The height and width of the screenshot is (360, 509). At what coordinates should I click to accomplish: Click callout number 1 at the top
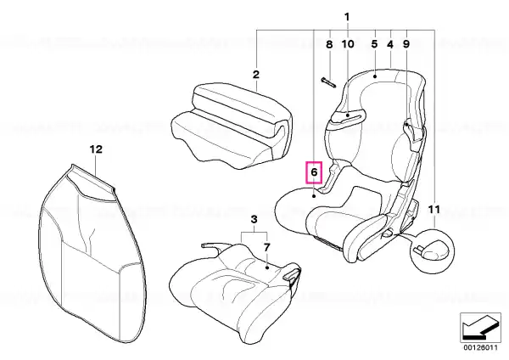347,17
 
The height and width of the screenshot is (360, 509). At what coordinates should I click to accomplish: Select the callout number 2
256,75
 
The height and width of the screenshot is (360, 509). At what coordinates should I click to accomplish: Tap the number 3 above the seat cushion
255,219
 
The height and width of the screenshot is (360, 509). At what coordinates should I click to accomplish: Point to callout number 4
390,44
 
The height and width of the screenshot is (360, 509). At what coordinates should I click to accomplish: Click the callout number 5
375,44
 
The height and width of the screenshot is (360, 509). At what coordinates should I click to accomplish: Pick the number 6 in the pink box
314,172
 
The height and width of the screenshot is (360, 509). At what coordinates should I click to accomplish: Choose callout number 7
266,248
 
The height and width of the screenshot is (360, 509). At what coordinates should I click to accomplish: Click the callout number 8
329,44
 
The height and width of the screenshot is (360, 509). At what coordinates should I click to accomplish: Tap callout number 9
406,44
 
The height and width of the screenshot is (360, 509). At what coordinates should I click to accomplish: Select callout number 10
348,44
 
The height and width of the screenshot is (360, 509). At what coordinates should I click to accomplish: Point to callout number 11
434,210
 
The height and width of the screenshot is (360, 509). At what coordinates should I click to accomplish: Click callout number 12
96,149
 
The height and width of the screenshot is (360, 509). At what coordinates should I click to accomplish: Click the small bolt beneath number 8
329,82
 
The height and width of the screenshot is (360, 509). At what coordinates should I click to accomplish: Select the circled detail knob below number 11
432,250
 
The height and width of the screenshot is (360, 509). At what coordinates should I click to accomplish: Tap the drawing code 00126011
480,347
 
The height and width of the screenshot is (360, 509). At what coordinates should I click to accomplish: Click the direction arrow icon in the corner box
480,328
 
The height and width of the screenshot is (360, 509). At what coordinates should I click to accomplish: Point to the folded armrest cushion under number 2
231,126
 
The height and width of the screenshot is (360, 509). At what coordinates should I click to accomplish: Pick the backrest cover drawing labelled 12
92,254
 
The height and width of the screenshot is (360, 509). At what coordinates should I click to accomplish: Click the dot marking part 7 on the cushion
267,267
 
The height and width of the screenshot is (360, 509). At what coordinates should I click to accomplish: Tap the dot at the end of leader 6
314,196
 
